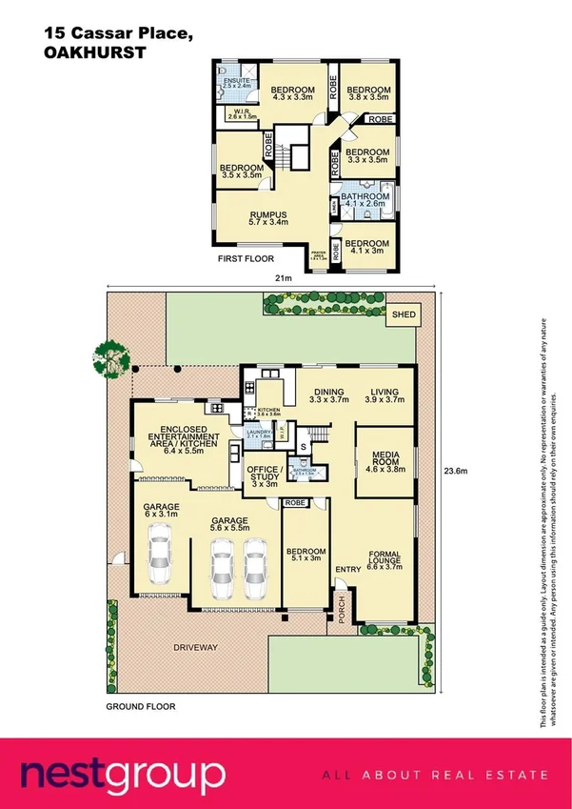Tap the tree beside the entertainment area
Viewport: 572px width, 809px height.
point(115,358)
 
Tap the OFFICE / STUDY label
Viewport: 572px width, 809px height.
point(262,475)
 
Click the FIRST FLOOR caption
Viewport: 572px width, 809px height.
point(247,259)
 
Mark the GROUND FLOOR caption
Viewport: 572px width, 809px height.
point(140,708)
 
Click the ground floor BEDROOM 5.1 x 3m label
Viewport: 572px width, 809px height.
point(306,556)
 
